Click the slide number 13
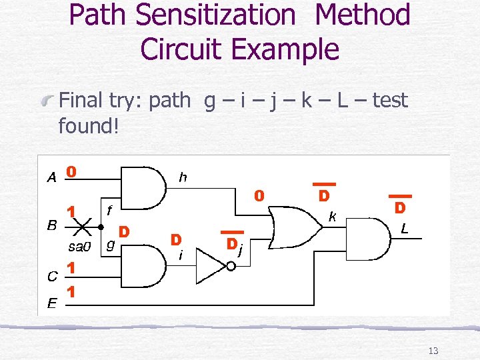coord(433,351)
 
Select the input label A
coord(51,177)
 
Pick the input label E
coord(51,304)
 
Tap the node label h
coord(182,177)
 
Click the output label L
coord(404,229)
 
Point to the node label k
coord(331,216)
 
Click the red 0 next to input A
coord(71,171)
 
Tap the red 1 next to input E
coord(71,292)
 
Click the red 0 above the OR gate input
coord(259,196)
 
